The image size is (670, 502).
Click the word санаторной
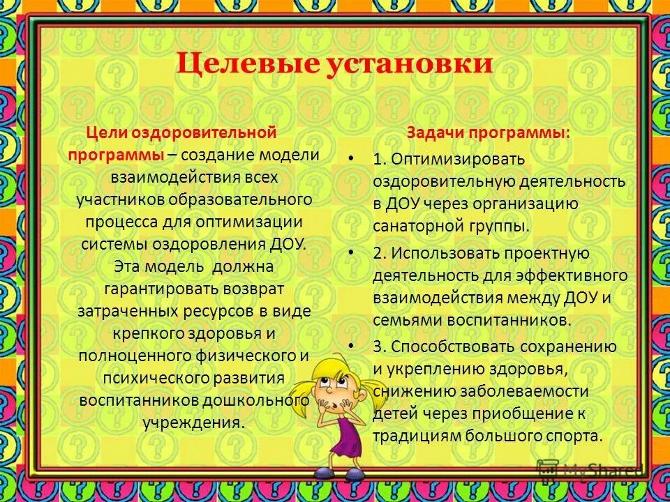pyautogui.click(x=419, y=226)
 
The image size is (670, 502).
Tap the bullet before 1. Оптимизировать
pyautogui.click(x=352, y=159)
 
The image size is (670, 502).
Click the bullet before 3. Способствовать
pyautogui.click(x=352, y=347)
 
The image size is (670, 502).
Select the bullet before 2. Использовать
pyautogui.click(x=352, y=252)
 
